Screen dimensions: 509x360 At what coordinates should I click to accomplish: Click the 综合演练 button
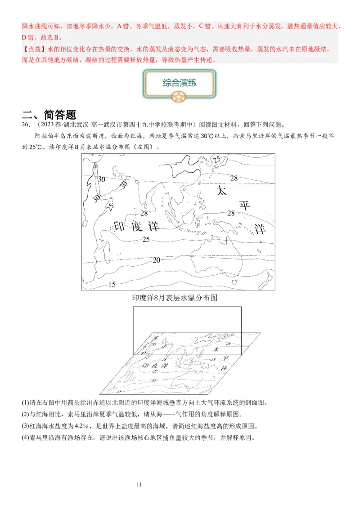(180, 83)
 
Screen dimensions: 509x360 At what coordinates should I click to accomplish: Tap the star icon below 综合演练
(179, 96)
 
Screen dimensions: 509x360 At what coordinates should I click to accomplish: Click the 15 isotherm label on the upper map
(112, 284)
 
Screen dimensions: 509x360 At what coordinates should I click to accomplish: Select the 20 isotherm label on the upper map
(156, 260)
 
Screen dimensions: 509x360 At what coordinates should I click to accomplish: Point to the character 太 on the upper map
(222, 191)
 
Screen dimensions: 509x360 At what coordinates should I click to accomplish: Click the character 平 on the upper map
(244, 206)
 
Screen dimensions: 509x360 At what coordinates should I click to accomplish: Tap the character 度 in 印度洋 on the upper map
(137, 227)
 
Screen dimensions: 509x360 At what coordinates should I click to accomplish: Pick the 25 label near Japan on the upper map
(217, 159)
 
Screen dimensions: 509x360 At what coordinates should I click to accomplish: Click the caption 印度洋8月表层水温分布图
(175, 298)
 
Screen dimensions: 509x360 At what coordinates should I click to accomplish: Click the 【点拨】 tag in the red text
(31, 49)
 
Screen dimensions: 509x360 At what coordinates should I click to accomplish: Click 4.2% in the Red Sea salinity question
(80, 426)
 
